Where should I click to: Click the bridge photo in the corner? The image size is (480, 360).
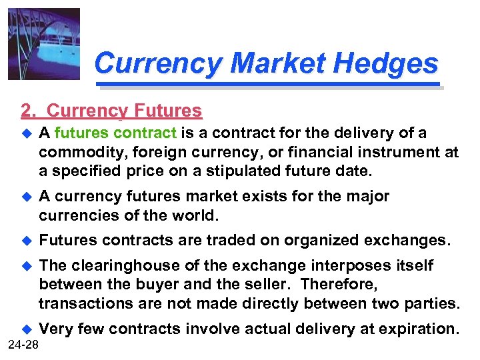[43, 43]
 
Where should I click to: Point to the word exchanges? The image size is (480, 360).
[409, 240]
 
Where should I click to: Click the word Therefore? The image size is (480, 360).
[341, 285]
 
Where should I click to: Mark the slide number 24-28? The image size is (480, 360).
[25, 344]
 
